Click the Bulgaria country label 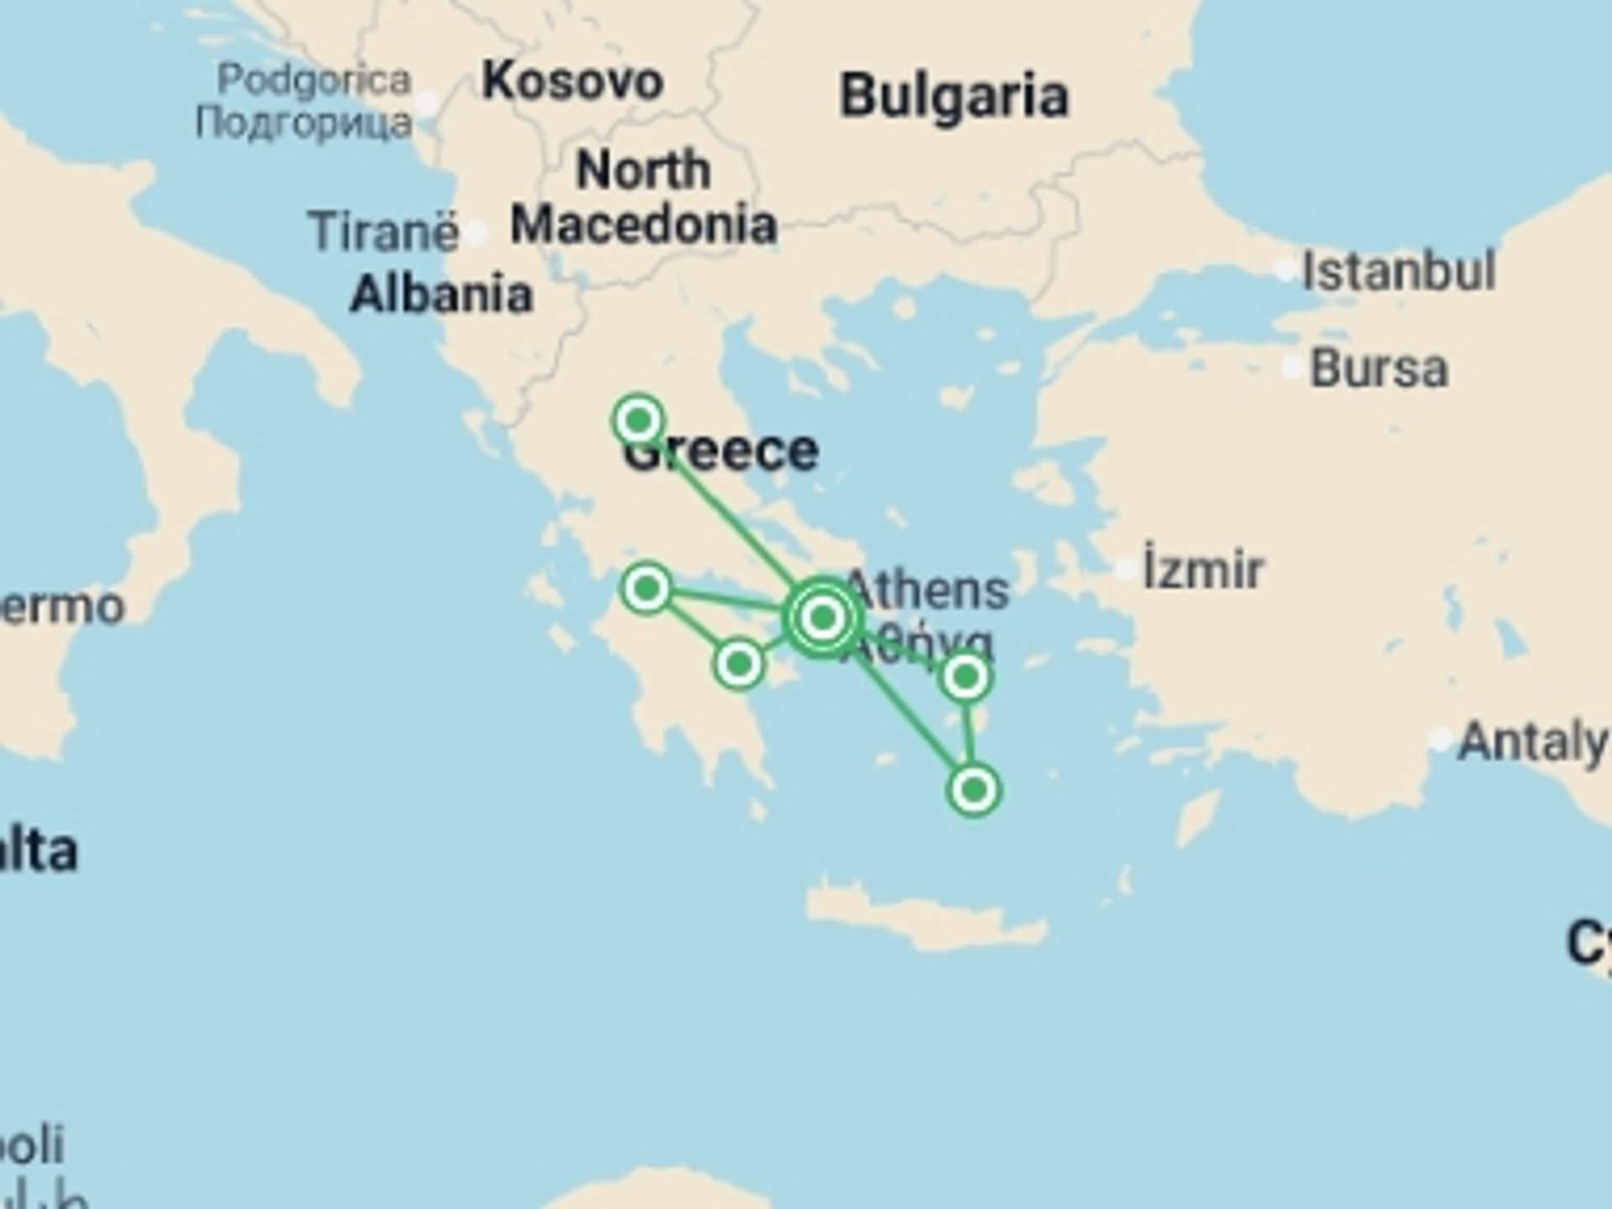[x=954, y=96]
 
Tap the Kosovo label [x=573, y=81]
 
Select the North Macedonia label [x=643, y=197]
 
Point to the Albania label [x=442, y=295]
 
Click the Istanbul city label [x=1398, y=270]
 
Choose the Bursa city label [x=1379, y=369]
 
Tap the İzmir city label [x=1202, y=570]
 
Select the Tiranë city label [x=384, y=231]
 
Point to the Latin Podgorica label [x=314, y=81]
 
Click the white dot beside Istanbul [x=1285, y=270]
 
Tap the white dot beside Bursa [x=1292, y=367]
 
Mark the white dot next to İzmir [x=1125, y=570]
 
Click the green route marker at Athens [x=823, y=618]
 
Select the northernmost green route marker [x=639, y=419]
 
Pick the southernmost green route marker [x=974, y=790]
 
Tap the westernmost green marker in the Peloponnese [x=646, y=588]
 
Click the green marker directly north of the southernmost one [x=966, y=676]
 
